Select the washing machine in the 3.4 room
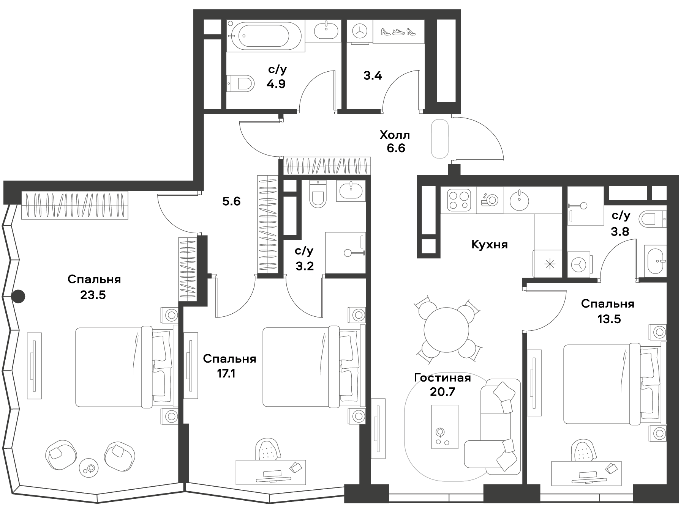[x=359, y=32]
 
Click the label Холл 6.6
[x=395, y=141]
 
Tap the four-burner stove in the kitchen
[x=457, y=200]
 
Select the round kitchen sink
[x=519, y=200]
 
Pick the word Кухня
[x=489, y=245]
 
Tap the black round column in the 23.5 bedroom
[x=18, y=296]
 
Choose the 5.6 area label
[x=231, y=201]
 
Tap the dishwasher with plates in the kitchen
[x=489, y=200]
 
